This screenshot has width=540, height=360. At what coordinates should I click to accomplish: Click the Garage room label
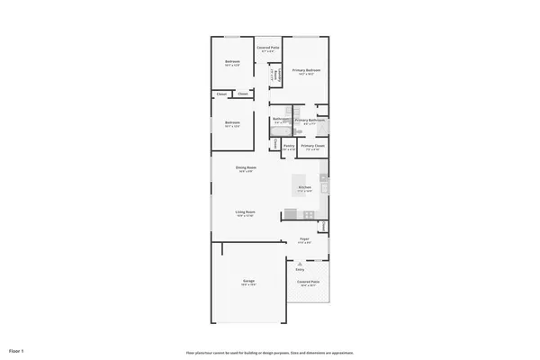(x=247, y=282)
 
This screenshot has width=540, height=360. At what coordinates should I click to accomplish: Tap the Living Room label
(x=245, y=213)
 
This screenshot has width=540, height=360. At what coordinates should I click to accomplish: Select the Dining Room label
(x=245, y=168)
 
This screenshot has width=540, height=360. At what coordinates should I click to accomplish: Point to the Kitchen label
(x=304, y=187)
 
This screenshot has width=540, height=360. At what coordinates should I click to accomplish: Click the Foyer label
(x=304, y=239)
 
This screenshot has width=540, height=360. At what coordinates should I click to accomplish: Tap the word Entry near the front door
(x=300, y=269)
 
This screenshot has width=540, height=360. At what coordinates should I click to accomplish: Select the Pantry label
(x=289, y=146)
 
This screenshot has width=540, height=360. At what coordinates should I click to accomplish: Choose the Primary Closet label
(x=312, y=146)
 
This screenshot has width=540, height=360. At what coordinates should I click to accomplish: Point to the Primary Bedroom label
(x=306, y=70)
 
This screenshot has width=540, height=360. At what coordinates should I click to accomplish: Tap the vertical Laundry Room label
(x=274, y=74)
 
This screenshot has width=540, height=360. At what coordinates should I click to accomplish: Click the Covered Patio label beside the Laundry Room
(x=267, y=48)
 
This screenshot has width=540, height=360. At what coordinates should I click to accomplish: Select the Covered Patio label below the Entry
(x=309, y=283)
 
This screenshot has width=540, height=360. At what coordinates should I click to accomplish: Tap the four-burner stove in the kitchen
(x=309, y=213)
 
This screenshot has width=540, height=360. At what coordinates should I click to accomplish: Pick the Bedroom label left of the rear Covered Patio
(x=232, y=62)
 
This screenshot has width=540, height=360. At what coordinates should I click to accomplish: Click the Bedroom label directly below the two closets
(x=232, y=123)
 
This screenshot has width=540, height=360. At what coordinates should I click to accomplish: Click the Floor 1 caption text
(x=16, y=349)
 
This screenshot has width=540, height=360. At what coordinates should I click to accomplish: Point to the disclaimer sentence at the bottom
(x=269, y=352)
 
